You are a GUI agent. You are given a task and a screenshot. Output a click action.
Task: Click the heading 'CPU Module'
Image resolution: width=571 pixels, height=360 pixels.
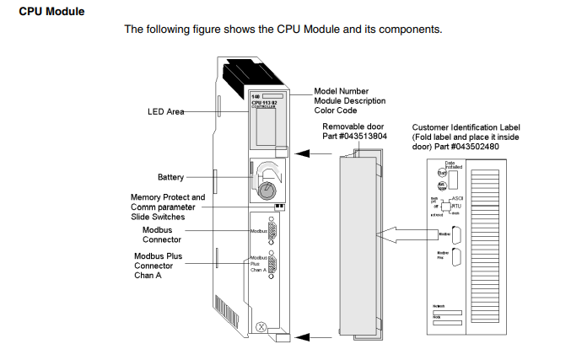(51, 11)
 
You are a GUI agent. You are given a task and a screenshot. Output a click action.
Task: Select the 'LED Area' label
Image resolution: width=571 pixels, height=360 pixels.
(165, 111)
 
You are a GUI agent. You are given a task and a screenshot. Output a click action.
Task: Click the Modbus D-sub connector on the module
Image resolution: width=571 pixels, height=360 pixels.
(272, 228)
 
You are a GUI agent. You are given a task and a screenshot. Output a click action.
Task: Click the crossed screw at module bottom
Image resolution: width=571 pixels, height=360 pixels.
(262, 325)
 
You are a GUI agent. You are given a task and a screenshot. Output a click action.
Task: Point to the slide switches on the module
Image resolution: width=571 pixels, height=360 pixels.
(279, 205)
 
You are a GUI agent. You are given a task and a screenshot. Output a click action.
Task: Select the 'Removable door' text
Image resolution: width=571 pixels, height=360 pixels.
(354, 126)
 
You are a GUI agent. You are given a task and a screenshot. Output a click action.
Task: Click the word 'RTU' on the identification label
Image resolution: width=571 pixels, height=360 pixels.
(455, 205)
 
